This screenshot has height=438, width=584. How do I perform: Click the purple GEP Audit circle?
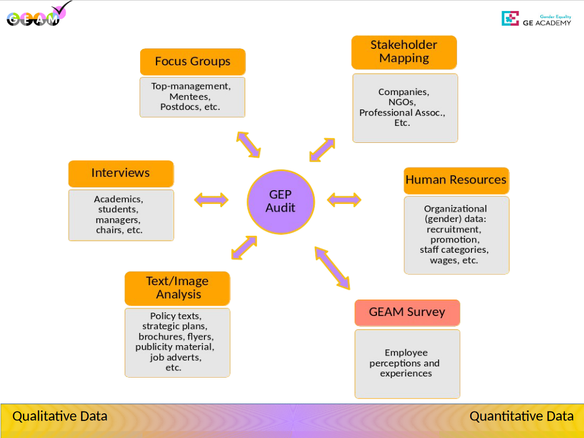tap(280, 201)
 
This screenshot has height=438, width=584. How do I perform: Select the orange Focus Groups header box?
tap(192, 62)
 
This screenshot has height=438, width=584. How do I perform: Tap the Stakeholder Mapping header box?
tap(404, 52)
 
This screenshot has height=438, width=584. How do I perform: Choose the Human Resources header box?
tap(456, 180)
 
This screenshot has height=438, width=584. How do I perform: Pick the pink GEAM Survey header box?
tap(407, 312)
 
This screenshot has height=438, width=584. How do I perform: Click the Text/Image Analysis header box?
tap(177, 288)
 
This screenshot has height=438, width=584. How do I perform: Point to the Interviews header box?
tap(121, 173)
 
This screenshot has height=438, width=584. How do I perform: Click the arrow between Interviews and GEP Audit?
tap(211, 199)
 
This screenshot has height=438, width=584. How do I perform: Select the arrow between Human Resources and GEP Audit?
tap(344, 199)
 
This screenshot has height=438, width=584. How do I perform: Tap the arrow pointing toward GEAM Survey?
tap(332, 268)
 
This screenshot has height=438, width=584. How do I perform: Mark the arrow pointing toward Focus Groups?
tap(248, 145)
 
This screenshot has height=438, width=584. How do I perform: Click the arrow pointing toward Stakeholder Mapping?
tap(322, 149)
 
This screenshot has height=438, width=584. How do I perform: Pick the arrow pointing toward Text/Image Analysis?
tap(244, 247)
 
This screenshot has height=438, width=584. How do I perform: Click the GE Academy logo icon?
tap(510, 19)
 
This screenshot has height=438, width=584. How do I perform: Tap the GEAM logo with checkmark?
tap(38, 15)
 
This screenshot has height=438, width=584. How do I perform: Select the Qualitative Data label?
tap(60, 416)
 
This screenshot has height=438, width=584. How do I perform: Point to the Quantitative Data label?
tap(521, 416)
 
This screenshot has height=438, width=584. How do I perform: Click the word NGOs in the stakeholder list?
tap(404, 102)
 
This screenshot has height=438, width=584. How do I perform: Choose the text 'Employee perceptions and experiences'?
tap(407, 363)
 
